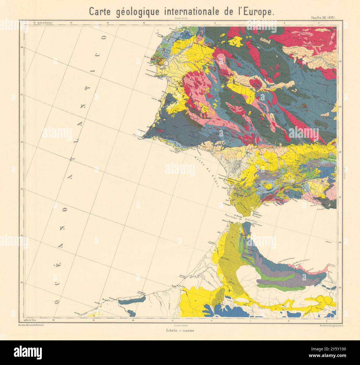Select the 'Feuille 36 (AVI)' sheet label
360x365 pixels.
(323, 18)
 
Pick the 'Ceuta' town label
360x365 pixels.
(253, 226)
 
